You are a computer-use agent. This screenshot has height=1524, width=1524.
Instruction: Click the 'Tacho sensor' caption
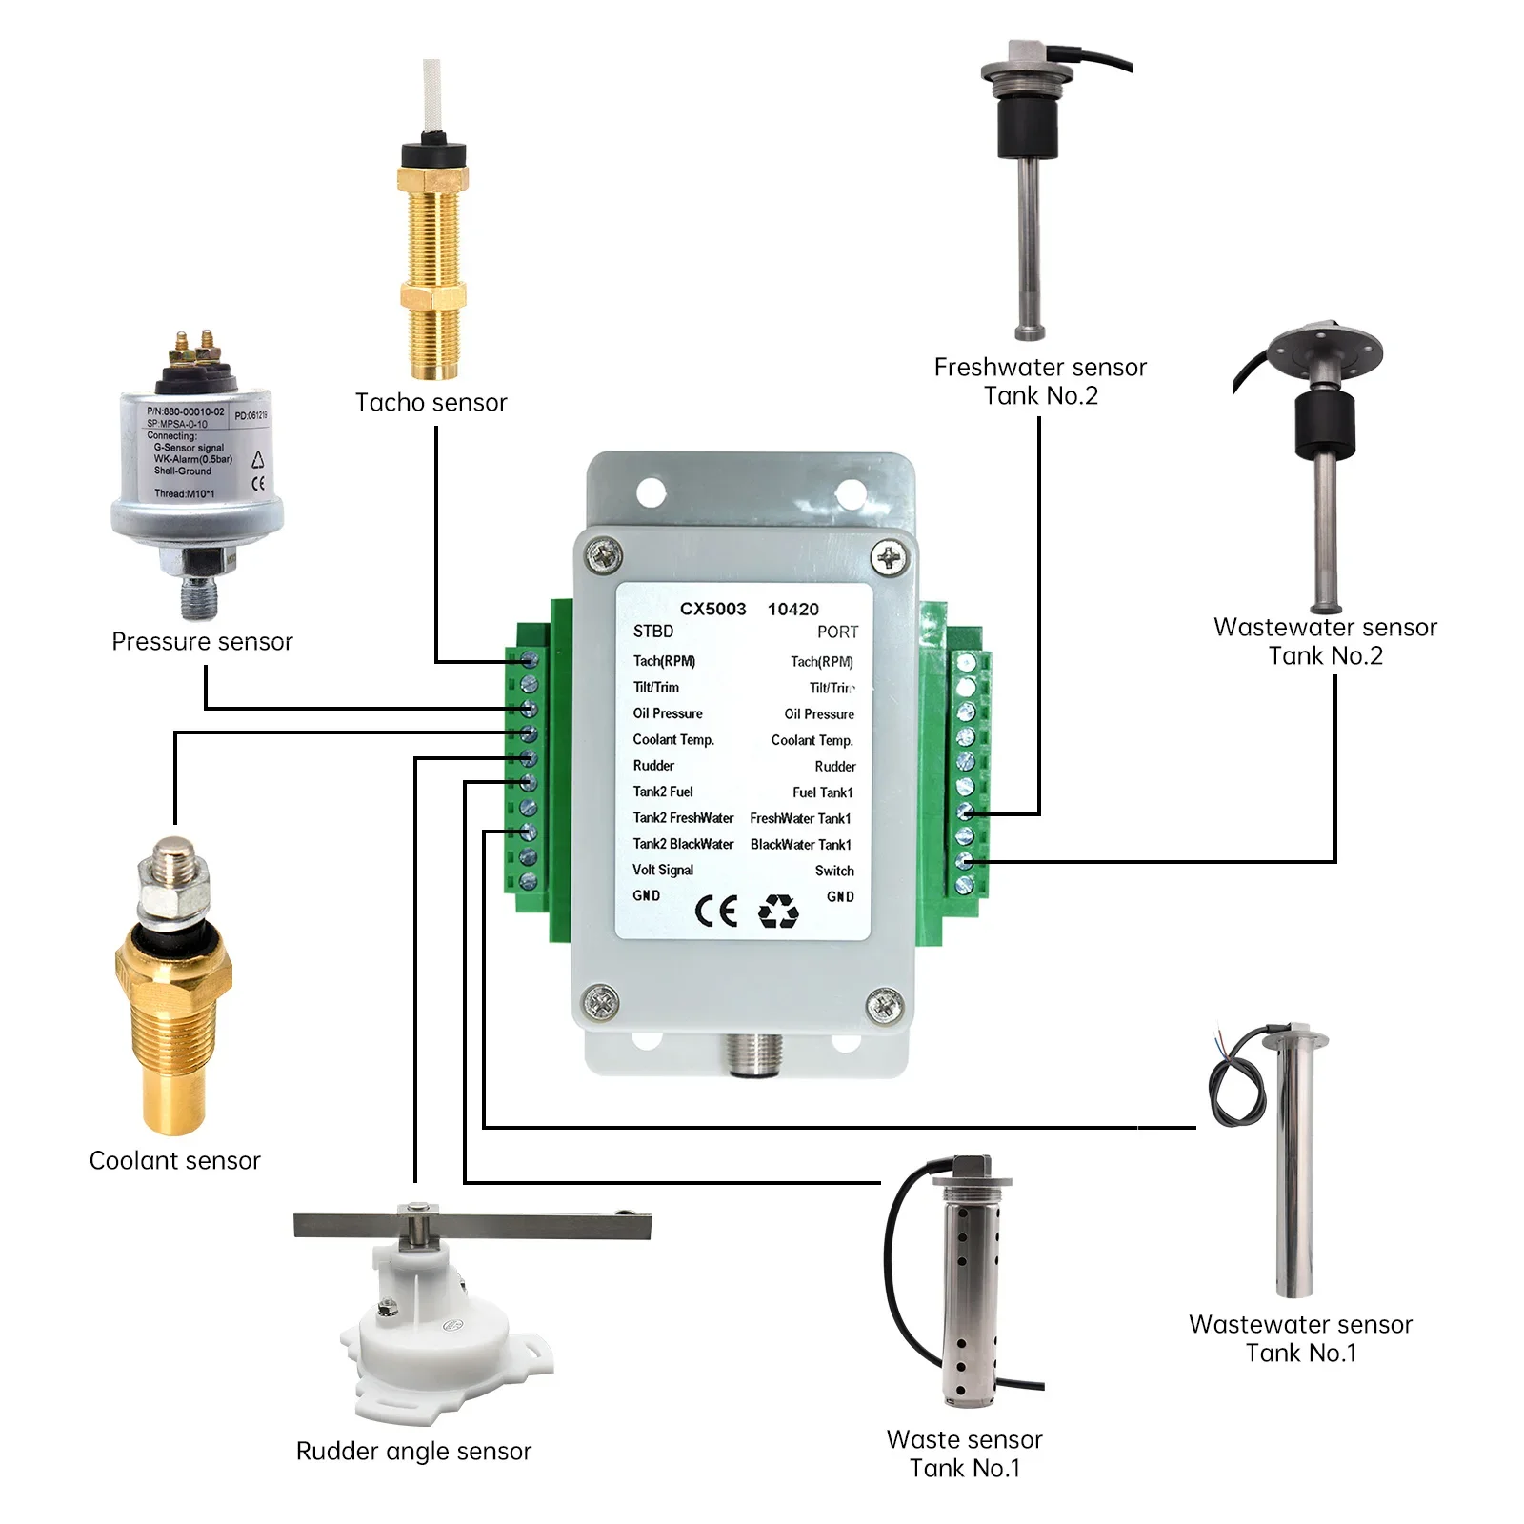pyautogui.click(x=431, y=403)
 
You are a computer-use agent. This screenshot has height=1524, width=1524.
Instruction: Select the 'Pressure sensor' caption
pyautogui.click(x=202, y=642)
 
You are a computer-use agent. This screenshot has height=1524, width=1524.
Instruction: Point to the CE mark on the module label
pyautogui.click(x=716, y=912)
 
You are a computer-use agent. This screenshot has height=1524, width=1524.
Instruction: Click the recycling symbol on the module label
pyautogui.click(x=778, y=912)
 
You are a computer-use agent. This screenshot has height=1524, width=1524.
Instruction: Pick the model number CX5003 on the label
pyautogui.click(x=712, y=609)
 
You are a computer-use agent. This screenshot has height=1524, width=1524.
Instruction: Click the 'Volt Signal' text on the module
pyautogui.click(x=663, y=870)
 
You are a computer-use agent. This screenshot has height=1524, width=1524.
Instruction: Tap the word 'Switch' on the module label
pyautogui.click(x=834, y=871)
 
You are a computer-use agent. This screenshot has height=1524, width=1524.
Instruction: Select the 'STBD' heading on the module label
pyautogui.click(x=653, y=632)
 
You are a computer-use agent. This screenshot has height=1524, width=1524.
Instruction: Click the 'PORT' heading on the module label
pyautogui.click(x=837, y=632)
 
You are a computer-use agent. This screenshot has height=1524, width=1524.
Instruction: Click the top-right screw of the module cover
pyautogui.click(x=889, y=556)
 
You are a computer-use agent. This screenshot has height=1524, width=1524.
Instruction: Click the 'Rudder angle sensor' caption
pyautogui.click(x=413, y=1451)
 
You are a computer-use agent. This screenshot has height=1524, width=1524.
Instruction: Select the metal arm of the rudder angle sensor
pyautogui.click(x=471, y=1225)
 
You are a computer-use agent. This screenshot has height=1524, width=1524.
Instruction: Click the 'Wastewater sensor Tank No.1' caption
pyautogui.click(x=1300, y=1338)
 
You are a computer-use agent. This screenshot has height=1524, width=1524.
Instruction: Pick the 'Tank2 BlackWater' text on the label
pyautogui.click(x=683, y=844)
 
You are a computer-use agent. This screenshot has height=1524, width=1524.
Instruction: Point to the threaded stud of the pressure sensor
pyautogui.click(x=199, y=595)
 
